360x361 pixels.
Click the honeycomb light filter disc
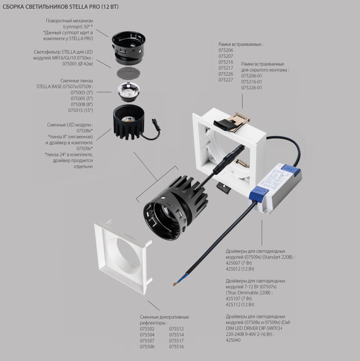pos(126,73)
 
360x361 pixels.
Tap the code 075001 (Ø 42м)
pos(77,64)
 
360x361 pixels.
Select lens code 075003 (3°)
pos(81,93)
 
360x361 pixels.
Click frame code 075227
pos(226,80)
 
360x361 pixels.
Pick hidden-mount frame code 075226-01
pos(252,88)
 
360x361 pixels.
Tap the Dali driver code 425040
pos(233,340)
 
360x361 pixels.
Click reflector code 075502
pos(147,328)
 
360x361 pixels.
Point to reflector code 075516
pos(177,347)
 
